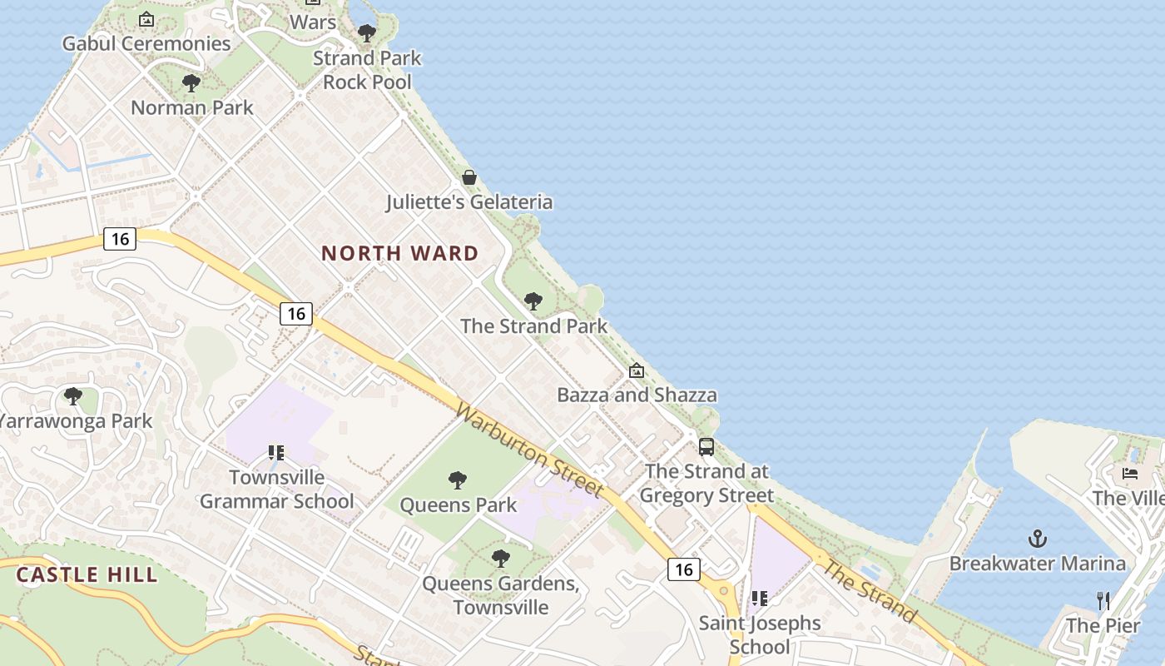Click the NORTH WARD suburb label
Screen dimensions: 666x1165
click(x=399, y=253)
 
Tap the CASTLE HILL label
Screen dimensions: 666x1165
click(x=87, y=574)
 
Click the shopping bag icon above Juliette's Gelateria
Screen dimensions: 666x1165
click(x=469, y=177)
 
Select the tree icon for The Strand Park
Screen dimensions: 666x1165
click(x=533, y=301)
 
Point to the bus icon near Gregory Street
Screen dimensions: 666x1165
click(x=706, y=447)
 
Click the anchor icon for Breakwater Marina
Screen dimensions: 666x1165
click(x=1037, y=539)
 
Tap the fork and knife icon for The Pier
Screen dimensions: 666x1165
click(x=1103, y=600)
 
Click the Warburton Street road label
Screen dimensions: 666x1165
click(x=528, y=450)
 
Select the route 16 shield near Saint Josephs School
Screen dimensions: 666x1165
click(x=683, y=569)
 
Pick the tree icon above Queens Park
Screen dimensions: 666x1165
click(x=457, y=480)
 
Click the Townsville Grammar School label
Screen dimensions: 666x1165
click(x=277, y=490)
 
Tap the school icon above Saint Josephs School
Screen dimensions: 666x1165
click(x=759, y=599)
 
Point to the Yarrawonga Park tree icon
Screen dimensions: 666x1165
click(x=73, y=396)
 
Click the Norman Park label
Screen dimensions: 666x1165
click(x=192, y=107)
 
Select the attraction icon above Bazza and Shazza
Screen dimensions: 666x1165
click(x=637, y=370)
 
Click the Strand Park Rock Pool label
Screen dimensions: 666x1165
click(x=367, y=70)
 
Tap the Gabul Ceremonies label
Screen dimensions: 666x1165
click(x=146, y=43)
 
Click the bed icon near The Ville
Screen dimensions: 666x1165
click(x=1130, y=474)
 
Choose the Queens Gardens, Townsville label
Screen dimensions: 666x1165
click(x=500, y=594)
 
